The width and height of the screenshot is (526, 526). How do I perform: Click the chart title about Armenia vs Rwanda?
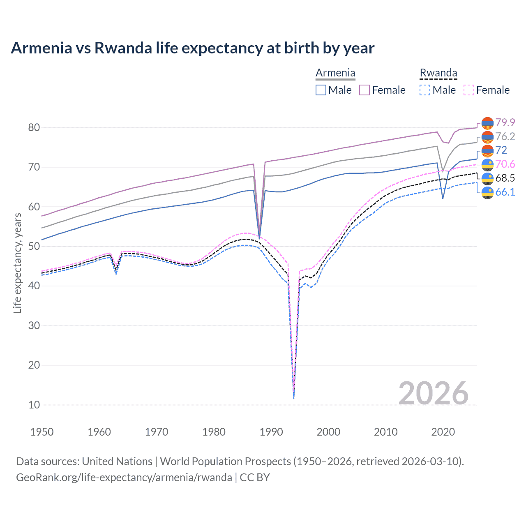pyautogui.click(x=192, y=48)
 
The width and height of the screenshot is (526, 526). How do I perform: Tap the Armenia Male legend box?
pyautogui.click(x=321, y=90)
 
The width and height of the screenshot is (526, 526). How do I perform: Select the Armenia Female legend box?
pyautogui.click(x=365, y=90)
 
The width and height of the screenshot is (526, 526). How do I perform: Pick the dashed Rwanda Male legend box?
pyautogui.click(x=425, y=90)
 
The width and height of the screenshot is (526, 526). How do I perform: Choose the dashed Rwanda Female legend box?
pyautogui.click(x=468, y=90)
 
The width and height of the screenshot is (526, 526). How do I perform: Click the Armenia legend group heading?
pyautogui.click(x=335, y=73)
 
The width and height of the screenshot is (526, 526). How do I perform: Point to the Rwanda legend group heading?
pyautogui.click(x=438, y=73)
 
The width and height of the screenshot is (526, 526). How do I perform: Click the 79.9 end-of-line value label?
pyautogui.click(x=505, y=122)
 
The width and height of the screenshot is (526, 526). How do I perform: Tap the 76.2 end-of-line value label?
pyautogui.click(x=505, y=136)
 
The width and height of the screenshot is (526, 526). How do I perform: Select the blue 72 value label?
pyautogui.click(x=501, y=150)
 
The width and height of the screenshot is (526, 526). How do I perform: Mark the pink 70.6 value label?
pyautogui.click(x=505, y=164)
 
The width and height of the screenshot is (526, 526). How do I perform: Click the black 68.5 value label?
pyautogui.click(x=505, y=178)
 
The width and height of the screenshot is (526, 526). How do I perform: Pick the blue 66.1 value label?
pyautogui.click(x=505, y=192)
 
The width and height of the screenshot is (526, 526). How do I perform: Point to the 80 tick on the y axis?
pyautogui.click(x=34, y=127)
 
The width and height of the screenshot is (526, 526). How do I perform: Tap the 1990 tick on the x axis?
pyautogui.click(x=271, y=432)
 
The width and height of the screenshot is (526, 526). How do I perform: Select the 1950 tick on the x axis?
pyautogui.click(x=42, y=432)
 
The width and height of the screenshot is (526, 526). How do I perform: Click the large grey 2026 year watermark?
pyautogui.click(x=433, y=393)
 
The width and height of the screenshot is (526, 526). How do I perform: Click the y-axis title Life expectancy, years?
pyautogui.click(x=17, y=263)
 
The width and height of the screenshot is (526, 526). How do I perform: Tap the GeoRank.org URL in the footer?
pyautogui.click(x=124, y=478)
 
